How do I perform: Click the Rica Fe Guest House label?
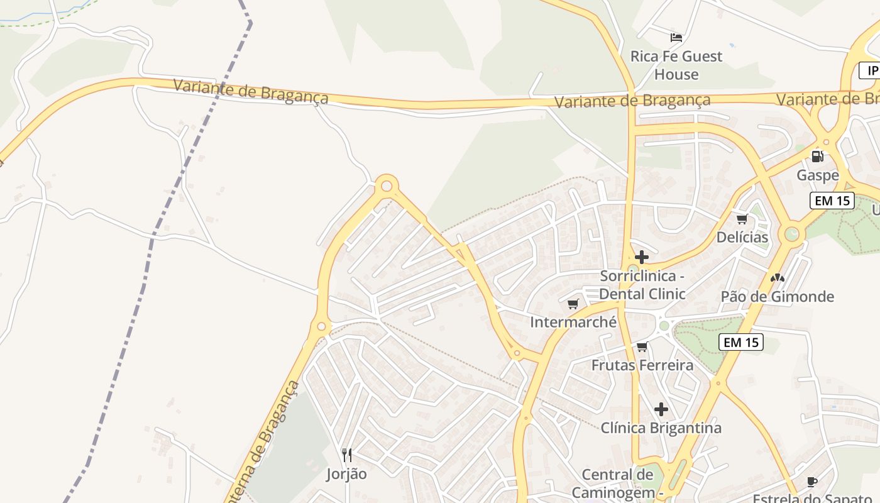(x=676, y=65)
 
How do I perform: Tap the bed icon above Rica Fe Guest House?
(x=676, y=38)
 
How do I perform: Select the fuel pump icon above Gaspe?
(x=817, y=156)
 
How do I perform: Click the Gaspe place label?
(x=818, y=175)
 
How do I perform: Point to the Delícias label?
(x=742, y=237)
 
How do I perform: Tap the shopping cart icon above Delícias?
(x=742, y=219)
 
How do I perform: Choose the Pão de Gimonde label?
(x=777, y=296)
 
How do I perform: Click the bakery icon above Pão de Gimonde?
(x=778, y=277)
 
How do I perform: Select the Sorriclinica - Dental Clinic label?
(x=642, y=285)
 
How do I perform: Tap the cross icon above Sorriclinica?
(x=642, y=257)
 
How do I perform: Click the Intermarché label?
(x=573, y=322)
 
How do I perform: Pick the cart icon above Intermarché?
(x=573, y=304)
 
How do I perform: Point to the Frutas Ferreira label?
(x=642, y=365)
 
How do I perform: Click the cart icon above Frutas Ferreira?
(x=642, y=346)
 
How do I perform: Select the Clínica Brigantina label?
(x=661, y=428)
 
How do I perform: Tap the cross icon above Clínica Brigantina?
(x=661, y=409)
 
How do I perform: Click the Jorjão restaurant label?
(x=346, y=473)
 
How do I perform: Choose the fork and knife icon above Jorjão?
(x=346, y=455)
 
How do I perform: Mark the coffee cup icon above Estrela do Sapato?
(x=812, y=482)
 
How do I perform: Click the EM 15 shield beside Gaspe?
(x=832, y=201)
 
